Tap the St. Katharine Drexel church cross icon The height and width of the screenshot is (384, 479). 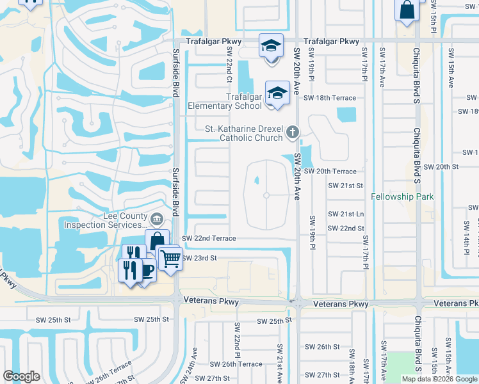(292, 132)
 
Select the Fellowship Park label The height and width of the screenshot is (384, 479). (402, 197)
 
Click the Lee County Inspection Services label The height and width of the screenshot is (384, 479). (105, 221)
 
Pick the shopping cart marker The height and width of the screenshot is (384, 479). (170, 259)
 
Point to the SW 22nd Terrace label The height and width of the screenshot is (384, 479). (209, 238)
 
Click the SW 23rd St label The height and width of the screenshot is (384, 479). (200, 258)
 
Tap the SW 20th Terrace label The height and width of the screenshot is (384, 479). (330, 172)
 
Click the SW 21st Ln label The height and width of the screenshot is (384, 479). (346, 214)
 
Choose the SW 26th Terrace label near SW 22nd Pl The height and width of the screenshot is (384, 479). (233, 364)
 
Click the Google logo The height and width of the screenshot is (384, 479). (22, 376)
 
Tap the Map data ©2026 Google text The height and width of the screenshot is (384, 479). (439, 379)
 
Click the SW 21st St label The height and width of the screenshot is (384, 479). (346, 185)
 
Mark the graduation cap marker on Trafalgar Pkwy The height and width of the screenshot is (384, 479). (271, 46)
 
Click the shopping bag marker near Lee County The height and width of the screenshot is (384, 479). (157, 242)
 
